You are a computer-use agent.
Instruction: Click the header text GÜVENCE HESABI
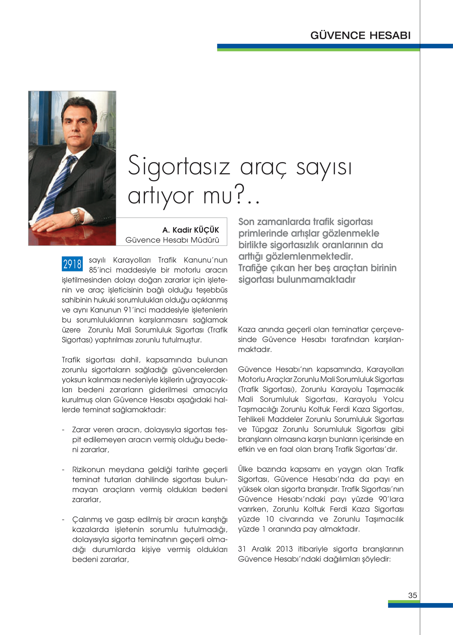coord(360,35)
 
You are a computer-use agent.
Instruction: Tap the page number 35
coord(412,595)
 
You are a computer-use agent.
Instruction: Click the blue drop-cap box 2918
coord(72,264)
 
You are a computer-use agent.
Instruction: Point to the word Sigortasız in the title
coord(179,166)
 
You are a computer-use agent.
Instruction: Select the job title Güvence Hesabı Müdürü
coord(172,240)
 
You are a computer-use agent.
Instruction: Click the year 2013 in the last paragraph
coord(284,549)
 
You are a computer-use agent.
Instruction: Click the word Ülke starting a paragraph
coord(245,469)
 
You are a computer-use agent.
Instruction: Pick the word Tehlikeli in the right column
coord(251,419)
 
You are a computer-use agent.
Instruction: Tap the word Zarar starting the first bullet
coord(81,430)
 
